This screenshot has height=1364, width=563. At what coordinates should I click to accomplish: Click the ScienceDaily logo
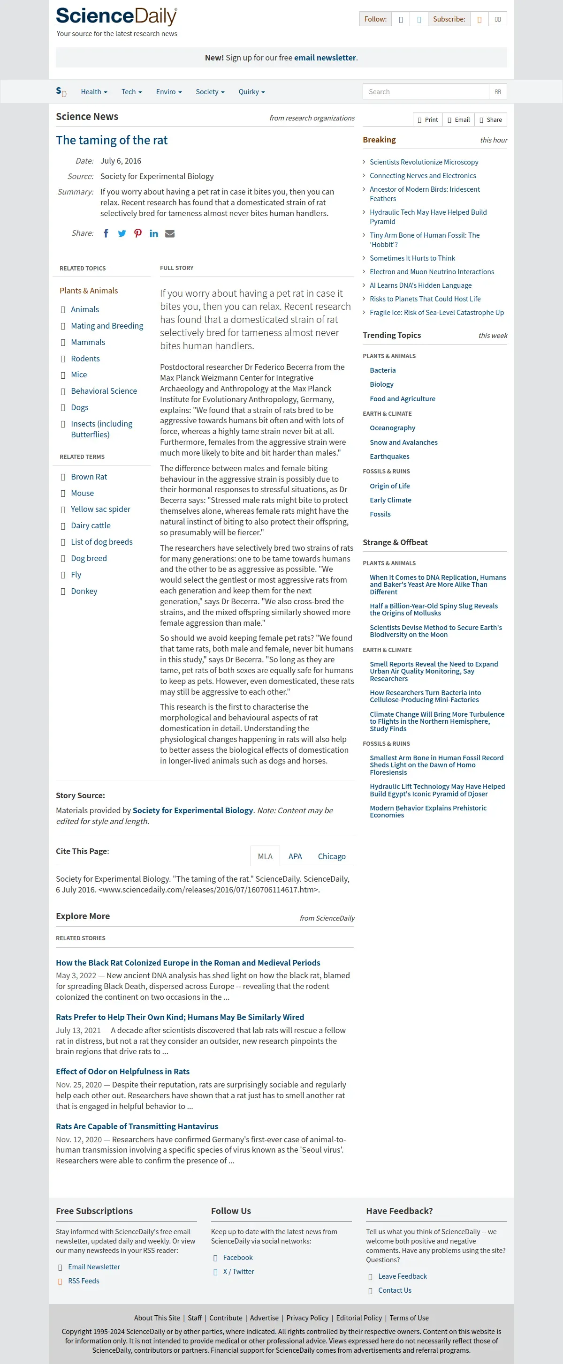[116, 16]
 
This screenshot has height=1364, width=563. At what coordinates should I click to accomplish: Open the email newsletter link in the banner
[325, 58]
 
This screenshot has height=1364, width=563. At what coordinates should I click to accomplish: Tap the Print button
[428, 120]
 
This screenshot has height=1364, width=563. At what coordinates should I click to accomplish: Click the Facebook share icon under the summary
[106, 233]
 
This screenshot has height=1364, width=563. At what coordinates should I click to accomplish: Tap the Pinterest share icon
[138, 233]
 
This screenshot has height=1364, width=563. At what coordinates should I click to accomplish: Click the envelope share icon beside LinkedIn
[170, 233]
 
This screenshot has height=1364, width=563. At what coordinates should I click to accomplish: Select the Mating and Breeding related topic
[107, 326]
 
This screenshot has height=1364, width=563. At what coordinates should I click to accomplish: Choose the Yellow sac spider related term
[100, 510]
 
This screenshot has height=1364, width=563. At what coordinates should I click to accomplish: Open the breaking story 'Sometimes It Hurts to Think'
[412, 258]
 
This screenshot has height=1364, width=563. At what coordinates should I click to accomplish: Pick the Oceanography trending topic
[392, 428]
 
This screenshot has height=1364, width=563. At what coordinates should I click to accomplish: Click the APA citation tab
[295, 856]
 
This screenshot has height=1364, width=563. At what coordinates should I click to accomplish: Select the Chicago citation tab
[331, 856]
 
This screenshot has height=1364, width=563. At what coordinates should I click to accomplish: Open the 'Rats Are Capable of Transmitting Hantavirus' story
[137, 1126]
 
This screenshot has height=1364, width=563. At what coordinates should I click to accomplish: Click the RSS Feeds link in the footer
[83, 1281]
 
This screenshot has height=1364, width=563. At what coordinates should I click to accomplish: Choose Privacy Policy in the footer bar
[307, 1318]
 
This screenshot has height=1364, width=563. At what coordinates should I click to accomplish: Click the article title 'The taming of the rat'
[111, 140]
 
